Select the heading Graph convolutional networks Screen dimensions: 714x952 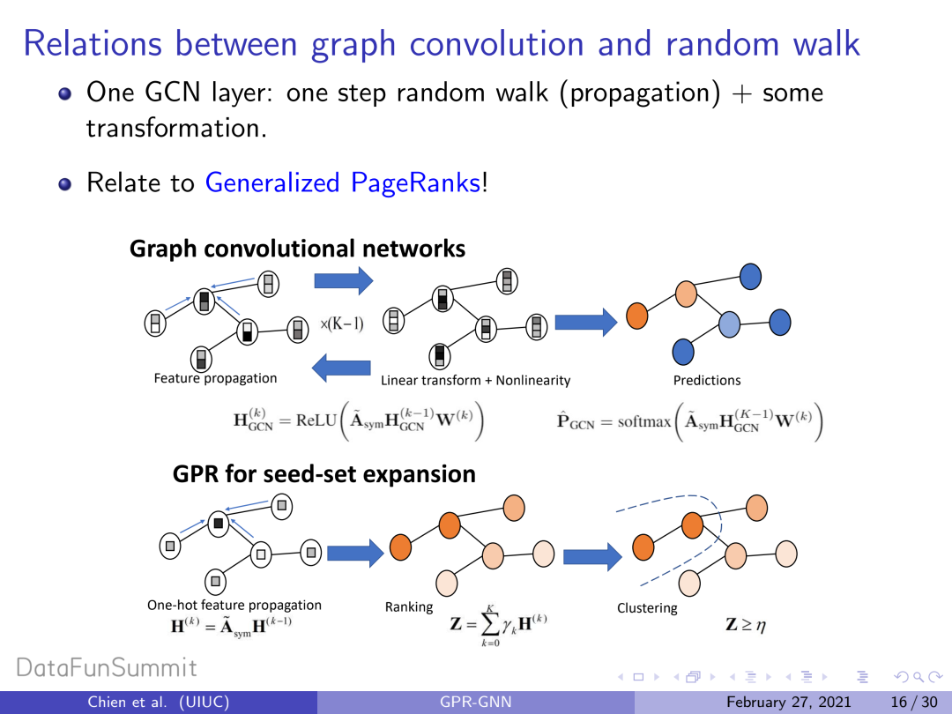pos(297,249)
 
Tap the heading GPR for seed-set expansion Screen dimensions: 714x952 pos(324,474)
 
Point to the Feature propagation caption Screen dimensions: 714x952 pos(215,379)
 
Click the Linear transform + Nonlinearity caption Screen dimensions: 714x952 pos(475,381)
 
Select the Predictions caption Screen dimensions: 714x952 pos(707,381)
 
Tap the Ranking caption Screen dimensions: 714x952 pos(409,607)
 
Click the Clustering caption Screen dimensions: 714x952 pos(647,608)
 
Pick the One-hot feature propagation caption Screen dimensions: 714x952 pos(234,606)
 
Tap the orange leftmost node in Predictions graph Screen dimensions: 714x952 pos(637,316)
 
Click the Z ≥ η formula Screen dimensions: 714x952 pos(746,625)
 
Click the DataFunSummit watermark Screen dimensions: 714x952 pos(107,668)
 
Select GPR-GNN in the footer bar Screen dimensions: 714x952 pos(476,703)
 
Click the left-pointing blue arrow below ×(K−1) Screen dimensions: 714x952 pos(342,367)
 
